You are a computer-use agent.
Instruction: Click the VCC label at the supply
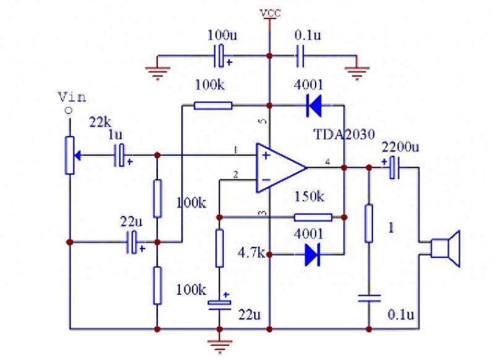pos(270,13)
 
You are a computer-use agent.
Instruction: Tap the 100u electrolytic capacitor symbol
pos(222,56)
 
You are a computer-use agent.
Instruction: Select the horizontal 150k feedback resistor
pos(313,217)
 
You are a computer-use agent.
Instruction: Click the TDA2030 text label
pos(344,134)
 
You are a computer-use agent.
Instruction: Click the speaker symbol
pos(445,248)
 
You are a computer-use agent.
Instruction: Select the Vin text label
pos(72,97)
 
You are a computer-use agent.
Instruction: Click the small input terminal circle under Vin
pos(69,111)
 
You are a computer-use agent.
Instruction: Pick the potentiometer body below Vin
pos(70,155)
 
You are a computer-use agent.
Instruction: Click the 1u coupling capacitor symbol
pos(120,155)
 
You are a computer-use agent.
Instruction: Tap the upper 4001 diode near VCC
pos(314,105)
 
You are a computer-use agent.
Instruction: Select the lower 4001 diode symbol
pos(312,254)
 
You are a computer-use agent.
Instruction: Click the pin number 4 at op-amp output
pos(328,162)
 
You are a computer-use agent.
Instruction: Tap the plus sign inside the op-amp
pos(266,155)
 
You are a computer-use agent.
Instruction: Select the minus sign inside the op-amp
pos(266,180)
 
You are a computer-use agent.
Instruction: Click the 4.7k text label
pos(252,253)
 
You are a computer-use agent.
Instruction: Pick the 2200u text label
pos(400,147)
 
